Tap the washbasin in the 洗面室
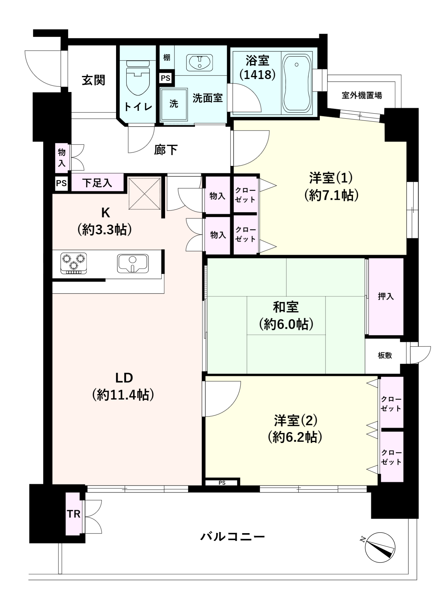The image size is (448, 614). click(x=200, y=62)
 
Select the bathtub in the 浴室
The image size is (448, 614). click(x=297, y=84)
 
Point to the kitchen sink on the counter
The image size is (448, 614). click(x=133, y=263)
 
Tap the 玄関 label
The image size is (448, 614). click(x=93, y=80)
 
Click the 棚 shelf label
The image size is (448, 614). click(x=167, y=57)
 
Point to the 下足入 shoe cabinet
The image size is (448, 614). click(x=97, y=183)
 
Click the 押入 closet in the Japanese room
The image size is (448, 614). click(x=386, y=296)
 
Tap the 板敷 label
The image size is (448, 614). click(x=385, y=355)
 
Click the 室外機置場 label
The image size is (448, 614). click(x=362, y=95)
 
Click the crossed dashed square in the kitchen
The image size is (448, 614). click(x=144, y=193)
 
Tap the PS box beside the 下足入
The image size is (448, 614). click(x=61, y=183)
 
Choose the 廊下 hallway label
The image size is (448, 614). click(x=166, y=150)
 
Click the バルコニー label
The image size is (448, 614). click(x=232, y=536)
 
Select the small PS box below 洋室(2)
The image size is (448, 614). click(x=222, y=483)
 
